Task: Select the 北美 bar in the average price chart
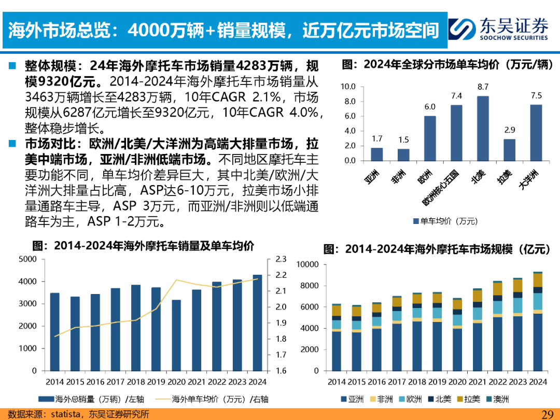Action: [483, 129]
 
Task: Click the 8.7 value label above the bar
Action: [483, 87]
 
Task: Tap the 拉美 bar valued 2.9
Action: [510, 150]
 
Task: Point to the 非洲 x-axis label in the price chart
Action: [399, 177]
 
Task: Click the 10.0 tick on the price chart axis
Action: [348, 87]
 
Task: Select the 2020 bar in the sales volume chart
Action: [176, 335]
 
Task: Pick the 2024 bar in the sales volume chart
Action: [258, 323]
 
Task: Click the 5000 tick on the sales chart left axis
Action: [27, 259]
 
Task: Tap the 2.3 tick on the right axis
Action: [281, 259]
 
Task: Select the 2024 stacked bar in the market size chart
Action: [538, 321]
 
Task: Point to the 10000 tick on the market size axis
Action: [307, 264]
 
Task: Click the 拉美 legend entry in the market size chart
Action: [468, 399]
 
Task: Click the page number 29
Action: [547, 414]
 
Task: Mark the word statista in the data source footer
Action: [65, 414]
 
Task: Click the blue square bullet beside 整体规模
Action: [12, 66]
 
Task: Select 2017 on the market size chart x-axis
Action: [397, 382]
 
